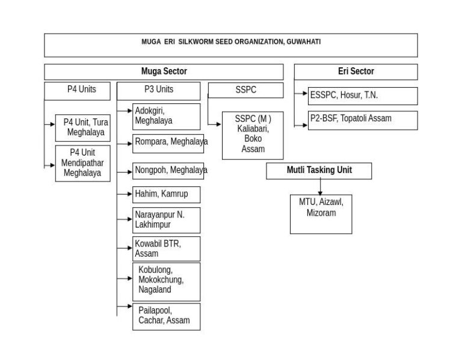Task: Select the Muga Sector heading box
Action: point(164,72)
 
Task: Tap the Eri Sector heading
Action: point(356,72)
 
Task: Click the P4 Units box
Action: point(77,91)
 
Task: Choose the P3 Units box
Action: point(159,91)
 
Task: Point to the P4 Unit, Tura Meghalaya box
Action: point(83,128)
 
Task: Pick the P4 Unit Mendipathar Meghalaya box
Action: point(83,163)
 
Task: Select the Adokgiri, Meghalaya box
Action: point(167,117)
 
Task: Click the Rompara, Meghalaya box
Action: point(168,144)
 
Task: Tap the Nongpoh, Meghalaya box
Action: point(168,171)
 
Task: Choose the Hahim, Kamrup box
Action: point(167,195)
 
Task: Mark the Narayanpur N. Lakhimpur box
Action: point(167,220)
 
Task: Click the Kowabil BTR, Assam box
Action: point(167,249)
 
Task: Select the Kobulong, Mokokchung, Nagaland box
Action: point(167,282)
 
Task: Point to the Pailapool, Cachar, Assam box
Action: point(167,317)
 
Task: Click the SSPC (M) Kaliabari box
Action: point(253,135)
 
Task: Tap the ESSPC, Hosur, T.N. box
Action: point(363,96)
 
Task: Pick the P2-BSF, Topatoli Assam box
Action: point(363,120)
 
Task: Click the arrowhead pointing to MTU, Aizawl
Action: point(320,193)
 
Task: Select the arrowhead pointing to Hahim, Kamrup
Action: point(130,194)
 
